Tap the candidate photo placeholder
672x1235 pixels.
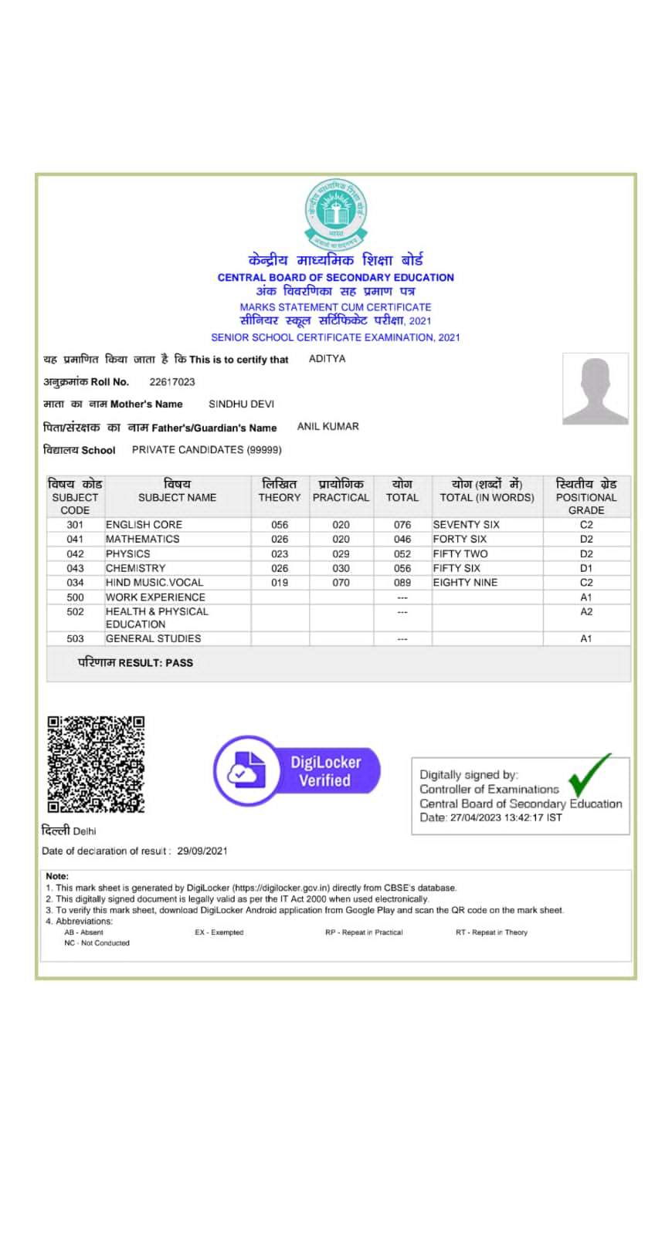[x=595, y=389]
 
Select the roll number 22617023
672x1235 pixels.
[x=172, y=382]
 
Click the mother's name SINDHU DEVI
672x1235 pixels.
[x=241, y=404]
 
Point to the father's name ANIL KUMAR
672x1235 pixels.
[x=328, y=427]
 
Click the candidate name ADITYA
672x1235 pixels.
[x=327, y=359]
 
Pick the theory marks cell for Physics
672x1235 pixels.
[x=280, y=554]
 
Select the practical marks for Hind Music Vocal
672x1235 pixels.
[x=341, y=583]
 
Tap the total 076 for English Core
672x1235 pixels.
[x=402, y=525]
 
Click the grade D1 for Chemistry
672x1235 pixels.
[x=586, y=568]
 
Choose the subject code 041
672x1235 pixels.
[x=75, y=540]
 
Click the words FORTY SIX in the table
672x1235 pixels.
[x=460, y=540]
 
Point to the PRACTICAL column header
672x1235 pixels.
[x=341, y=498]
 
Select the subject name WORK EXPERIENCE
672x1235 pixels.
[x=155, y=597]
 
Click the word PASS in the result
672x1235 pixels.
[x=179, y=663]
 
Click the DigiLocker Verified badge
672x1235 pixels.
[x=297, y=771]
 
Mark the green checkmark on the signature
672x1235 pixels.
[x=589, y=775]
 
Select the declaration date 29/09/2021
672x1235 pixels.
[x=202, y=851]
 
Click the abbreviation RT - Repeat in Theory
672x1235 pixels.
[x=491, y=932]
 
